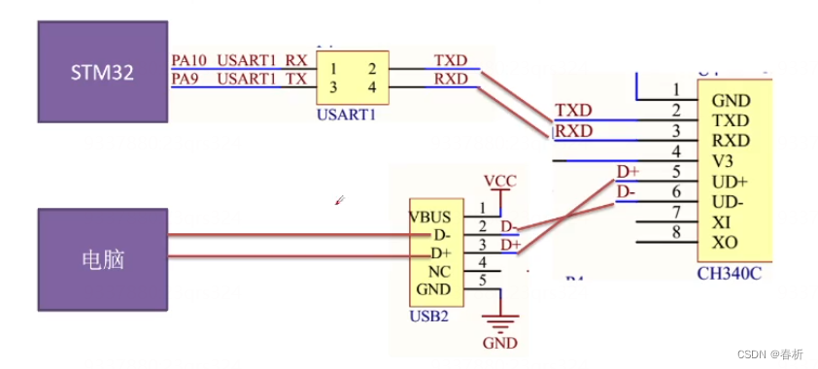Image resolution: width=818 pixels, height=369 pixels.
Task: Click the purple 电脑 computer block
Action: [x=103, y=259]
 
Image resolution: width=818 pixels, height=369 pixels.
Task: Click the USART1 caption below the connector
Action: [x=347, y=115]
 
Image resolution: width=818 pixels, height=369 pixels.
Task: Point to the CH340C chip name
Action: [x=729, y=273]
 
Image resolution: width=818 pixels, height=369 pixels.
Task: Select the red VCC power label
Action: [x=500, y=182]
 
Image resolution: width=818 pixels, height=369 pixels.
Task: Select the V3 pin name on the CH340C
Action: [x=723, y=160]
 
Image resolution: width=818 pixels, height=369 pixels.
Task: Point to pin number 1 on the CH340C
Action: [x=675, y=90]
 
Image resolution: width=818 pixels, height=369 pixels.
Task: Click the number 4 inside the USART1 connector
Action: [x=372, y=87]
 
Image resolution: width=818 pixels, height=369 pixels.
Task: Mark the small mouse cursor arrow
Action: [x=338, y=201]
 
